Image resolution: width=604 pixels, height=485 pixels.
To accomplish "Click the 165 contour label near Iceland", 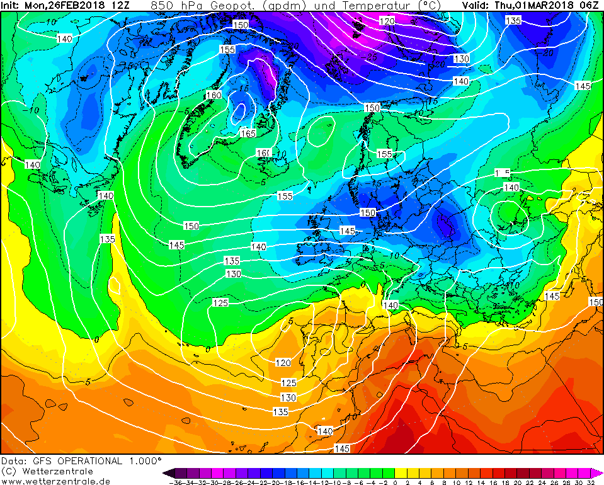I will (248, 133).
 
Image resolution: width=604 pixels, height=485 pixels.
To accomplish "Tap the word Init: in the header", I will (11, 6).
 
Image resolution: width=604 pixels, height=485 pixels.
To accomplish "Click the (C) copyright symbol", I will (8, 471).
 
